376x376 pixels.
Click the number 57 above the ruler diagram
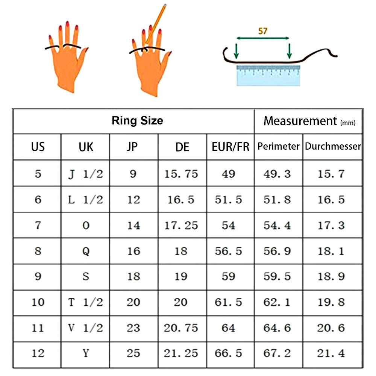[262, 31]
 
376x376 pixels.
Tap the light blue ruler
[268, 75]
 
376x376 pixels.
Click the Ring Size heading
[137, 121]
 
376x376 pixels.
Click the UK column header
[86, 147]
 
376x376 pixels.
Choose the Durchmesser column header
[333, 146]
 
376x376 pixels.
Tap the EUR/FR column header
[230, 147]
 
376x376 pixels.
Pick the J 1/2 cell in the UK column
[86, 174]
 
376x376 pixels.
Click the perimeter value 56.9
[277, 251]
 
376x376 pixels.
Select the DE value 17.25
[181, 225]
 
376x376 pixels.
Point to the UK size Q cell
[86, 251]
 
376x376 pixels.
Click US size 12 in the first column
[38, 353]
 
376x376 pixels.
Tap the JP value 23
[133, 328]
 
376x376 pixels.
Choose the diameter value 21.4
[331, 353]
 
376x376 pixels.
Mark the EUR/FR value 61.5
[228, 302]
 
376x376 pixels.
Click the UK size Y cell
[86, 353]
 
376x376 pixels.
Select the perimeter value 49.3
[277, 174]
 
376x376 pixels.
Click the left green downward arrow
[237, 51]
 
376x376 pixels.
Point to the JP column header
[132, 147]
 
